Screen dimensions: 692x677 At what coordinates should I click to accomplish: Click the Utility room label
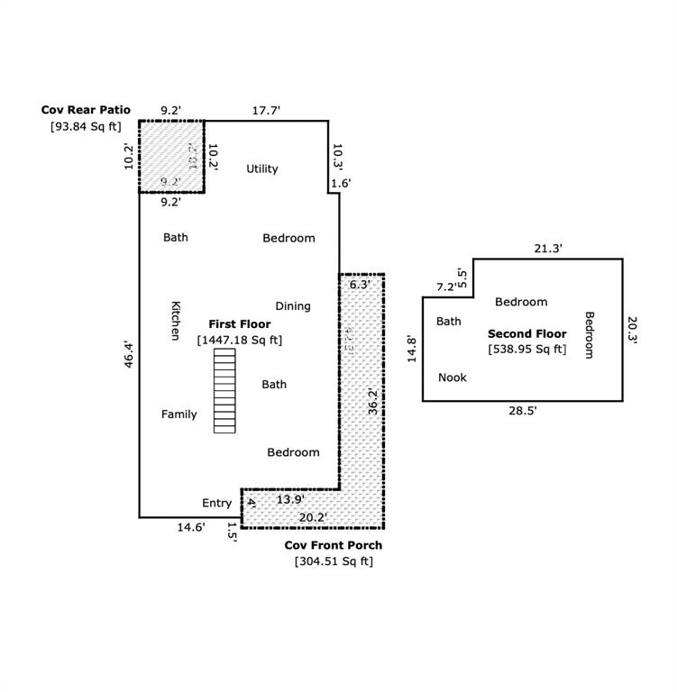262,168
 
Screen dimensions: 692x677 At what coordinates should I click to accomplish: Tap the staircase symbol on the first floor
224,390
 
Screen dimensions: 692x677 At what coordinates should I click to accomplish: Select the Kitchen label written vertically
175,320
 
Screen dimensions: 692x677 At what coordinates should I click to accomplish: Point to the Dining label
292,306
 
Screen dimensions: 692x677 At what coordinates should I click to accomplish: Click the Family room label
178,414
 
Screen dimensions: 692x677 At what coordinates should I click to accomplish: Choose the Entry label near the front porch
216,503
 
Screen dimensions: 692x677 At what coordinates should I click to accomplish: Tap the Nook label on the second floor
452,378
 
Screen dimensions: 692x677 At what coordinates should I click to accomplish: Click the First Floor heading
240,324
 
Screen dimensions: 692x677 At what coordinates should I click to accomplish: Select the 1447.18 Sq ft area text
240,340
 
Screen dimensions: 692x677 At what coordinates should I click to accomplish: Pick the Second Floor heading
527,333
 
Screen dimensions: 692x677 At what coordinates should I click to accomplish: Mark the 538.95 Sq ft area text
527,349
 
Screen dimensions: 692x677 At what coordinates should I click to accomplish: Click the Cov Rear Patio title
86,110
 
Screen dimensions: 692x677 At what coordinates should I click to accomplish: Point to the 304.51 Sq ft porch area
334,561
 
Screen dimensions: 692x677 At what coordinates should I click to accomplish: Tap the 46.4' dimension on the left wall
129,359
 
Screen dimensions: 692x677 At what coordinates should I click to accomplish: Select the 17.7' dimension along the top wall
266,110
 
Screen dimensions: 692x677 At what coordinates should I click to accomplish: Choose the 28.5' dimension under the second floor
521,410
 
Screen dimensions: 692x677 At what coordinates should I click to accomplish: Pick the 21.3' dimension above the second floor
547,249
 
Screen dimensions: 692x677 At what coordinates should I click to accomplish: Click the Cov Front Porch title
334,545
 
